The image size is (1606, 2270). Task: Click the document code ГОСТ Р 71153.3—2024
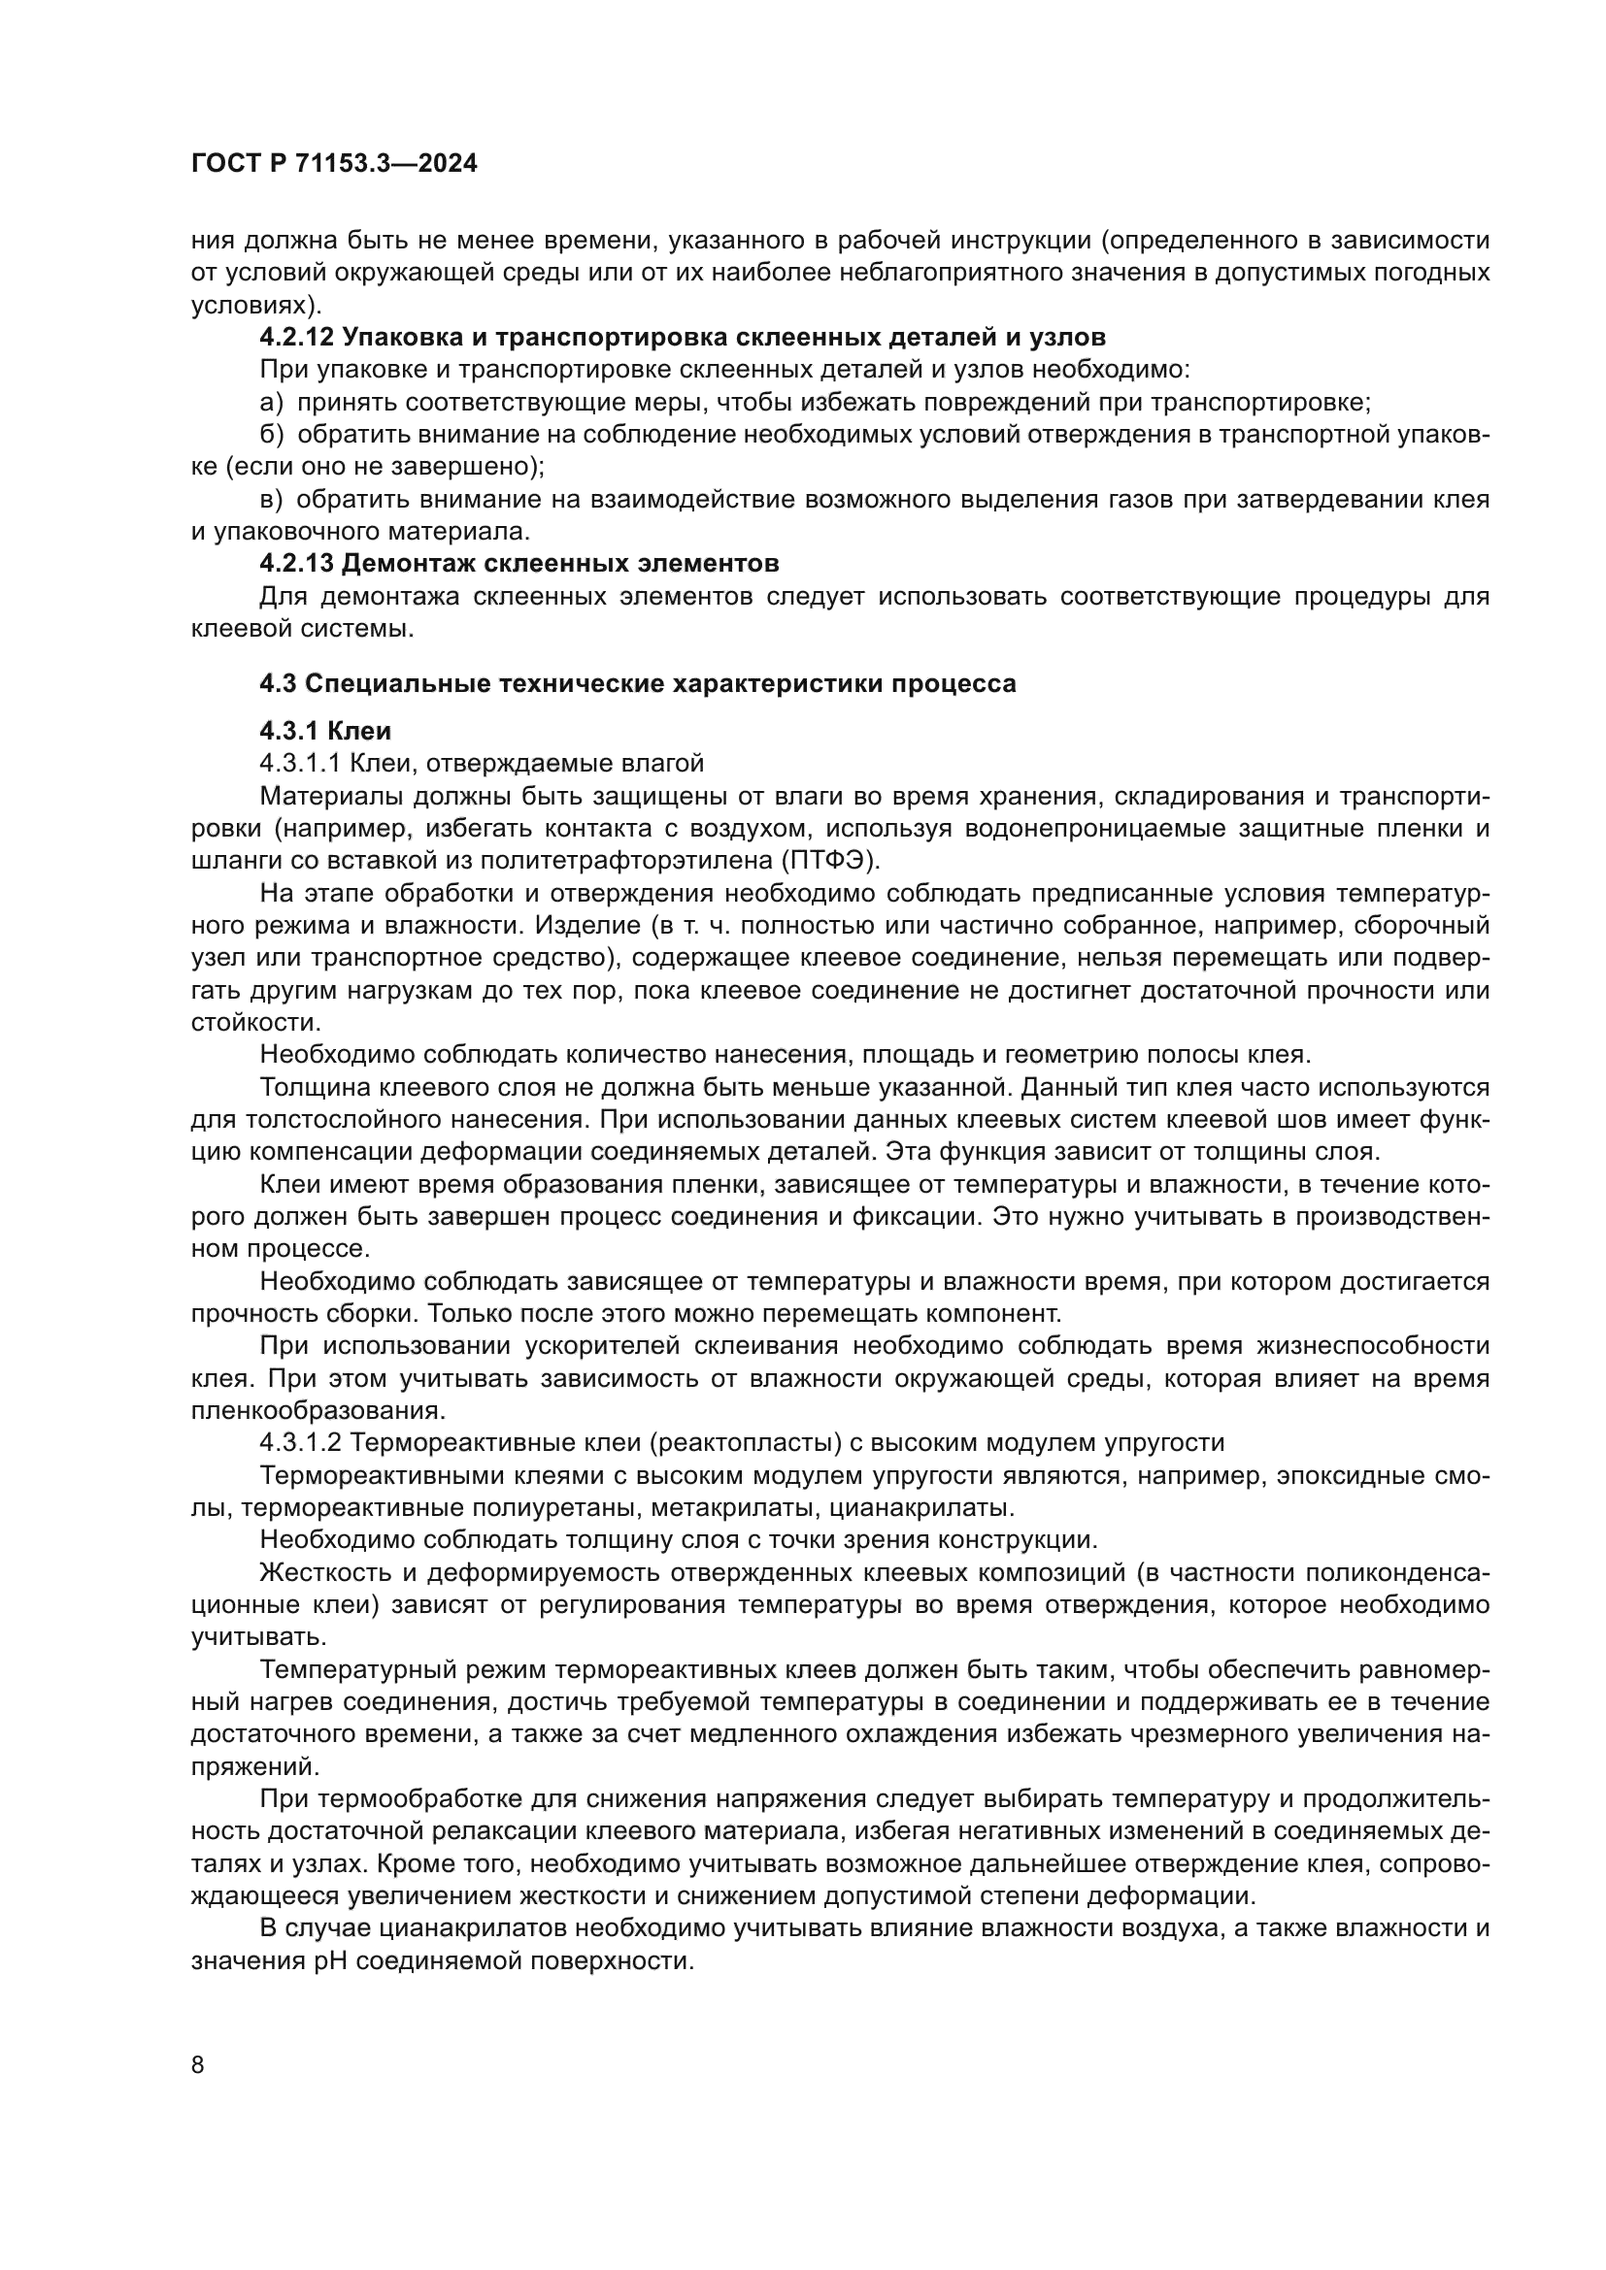(333, 164)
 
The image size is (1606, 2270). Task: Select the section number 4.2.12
(297, 337)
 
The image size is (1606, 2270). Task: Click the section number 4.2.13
(297, 564)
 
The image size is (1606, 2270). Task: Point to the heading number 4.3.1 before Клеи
(289, 731)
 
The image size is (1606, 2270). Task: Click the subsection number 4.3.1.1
(301, 763)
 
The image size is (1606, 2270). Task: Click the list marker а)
(271, 403)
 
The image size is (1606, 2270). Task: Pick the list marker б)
(271, 435)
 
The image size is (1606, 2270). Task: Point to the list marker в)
(271, 499)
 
